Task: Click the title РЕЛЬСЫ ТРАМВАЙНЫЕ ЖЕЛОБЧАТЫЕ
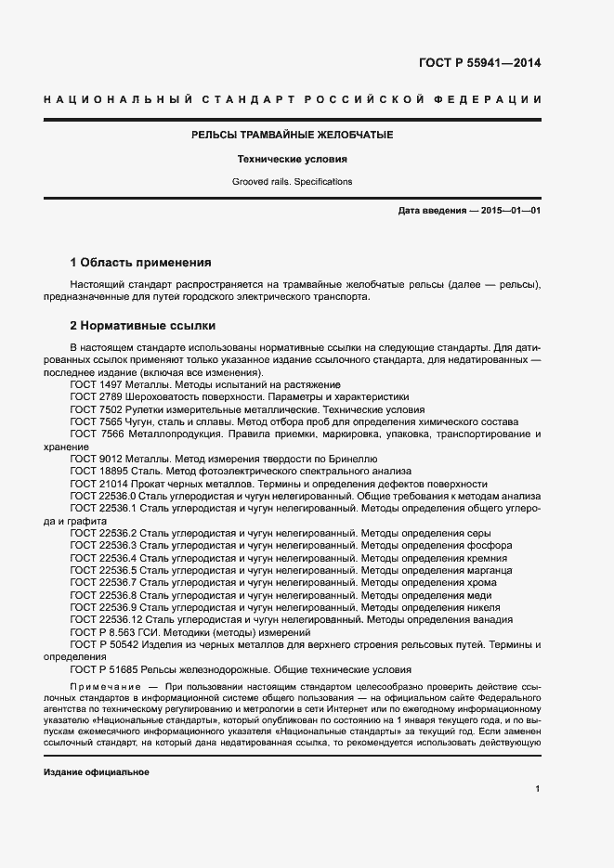tap(292, 136)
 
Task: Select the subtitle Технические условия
tap(292, 160)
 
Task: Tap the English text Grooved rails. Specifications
tap(292, 182)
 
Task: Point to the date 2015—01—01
tap(509, 212)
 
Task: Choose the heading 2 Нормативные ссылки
tap(143, 326)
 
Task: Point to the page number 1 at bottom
tap(538, 788)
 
